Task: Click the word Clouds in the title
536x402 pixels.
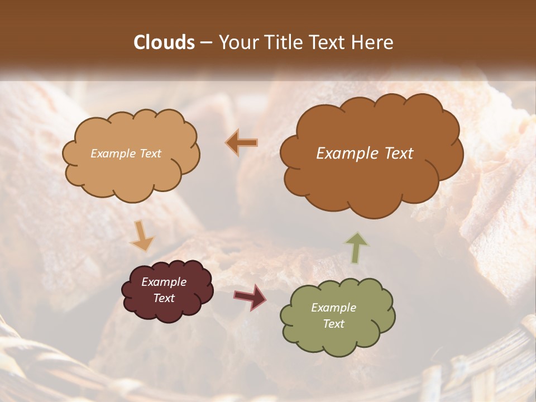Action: click(x=164, y=42)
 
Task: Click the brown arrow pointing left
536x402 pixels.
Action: click(x=242, y=143)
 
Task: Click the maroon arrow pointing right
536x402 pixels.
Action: click(x=250, y=297)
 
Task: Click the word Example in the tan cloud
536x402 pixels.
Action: click(x=113, y=154)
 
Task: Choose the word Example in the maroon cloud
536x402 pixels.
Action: click(x=164, y=282)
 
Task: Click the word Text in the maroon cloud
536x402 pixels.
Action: click(x=164, y=298)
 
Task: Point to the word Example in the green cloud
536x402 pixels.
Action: click(x=333, y=308)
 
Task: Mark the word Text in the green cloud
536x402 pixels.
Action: click(x=333, y=324)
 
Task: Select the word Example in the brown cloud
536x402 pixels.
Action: click(x=346, y=154)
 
